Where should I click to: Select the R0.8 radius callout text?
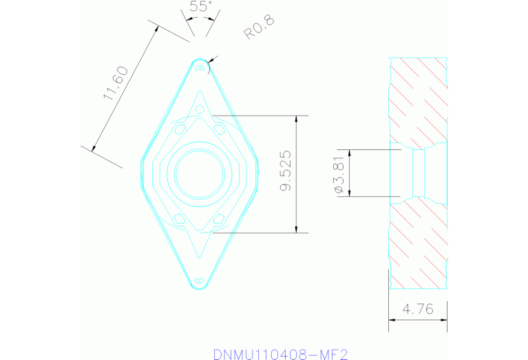[x=259, y=28]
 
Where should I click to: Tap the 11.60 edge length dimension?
[x=115, y=84]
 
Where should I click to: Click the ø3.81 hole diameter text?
[x=339, y=173]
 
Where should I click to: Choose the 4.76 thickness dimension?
[x=417, y=310]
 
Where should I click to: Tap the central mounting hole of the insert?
[x=200, y=173]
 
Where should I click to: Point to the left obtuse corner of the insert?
[x=141, y=173]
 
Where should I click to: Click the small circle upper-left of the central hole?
[x=180, y=128]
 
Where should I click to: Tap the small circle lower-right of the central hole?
[x=219, y=218]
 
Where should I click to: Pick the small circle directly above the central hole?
[x=200, y=110]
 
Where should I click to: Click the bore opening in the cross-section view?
[x=418, y=173]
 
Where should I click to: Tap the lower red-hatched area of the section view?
[x=418, y=244]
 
